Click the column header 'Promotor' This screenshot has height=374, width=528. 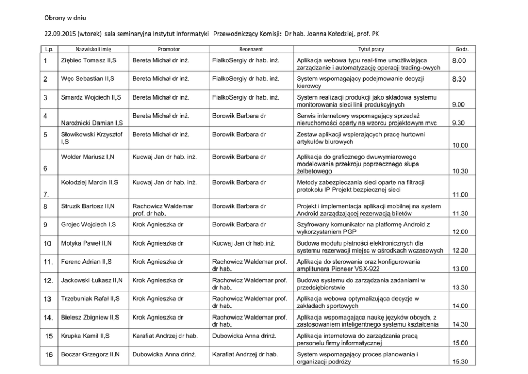(x=169, y=49)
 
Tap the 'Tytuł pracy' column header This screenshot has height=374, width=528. (x=371, y=49)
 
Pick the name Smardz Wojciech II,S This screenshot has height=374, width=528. (x=90, y=97)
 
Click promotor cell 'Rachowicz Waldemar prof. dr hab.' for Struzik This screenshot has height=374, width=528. (x=162, y=209)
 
